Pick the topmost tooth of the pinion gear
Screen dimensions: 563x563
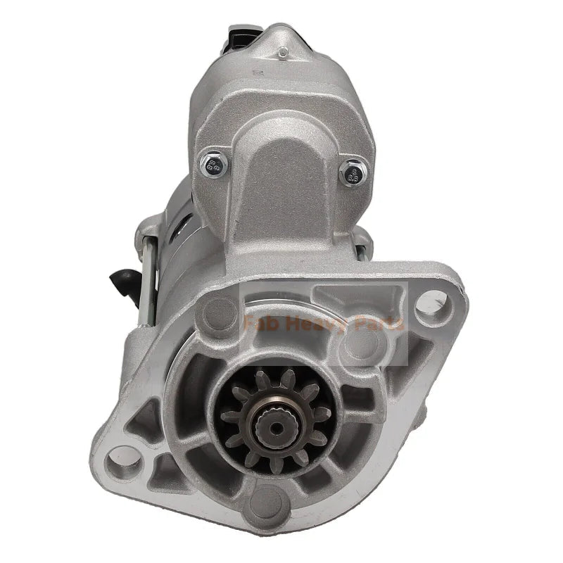(271, 377)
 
